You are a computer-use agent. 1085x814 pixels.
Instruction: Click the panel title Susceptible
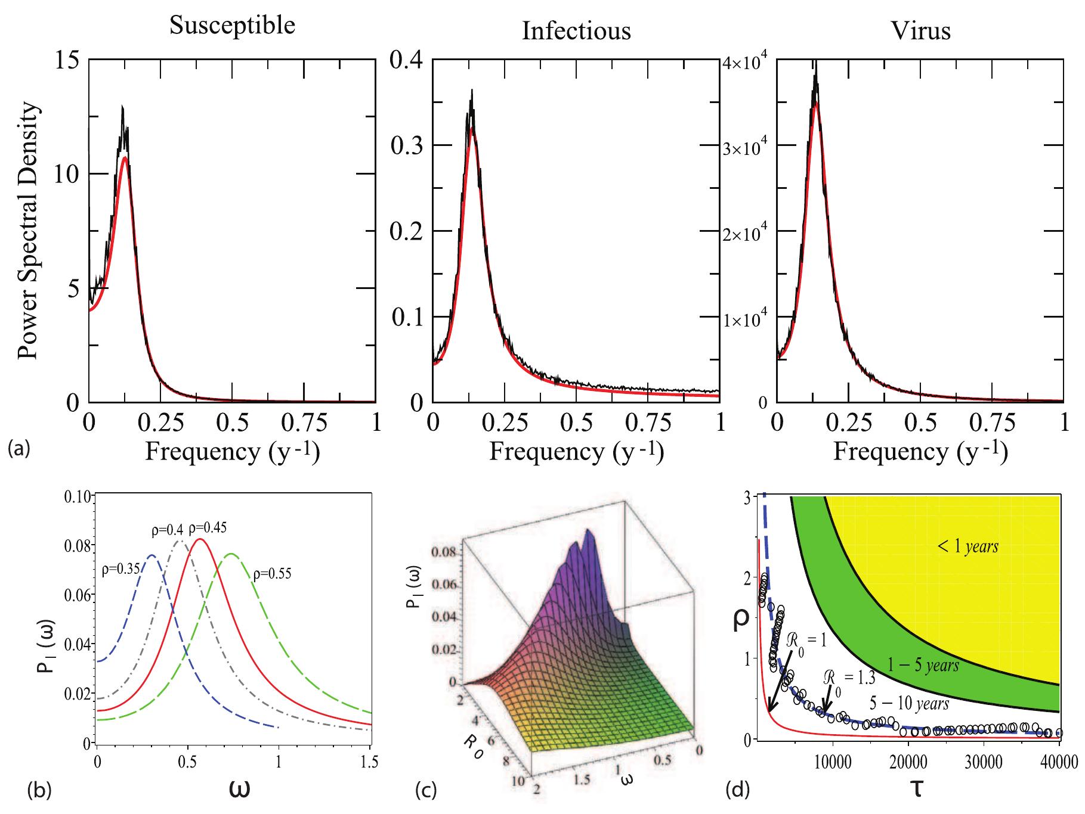point(233,26)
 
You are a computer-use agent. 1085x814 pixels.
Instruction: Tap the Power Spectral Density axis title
point(28,230)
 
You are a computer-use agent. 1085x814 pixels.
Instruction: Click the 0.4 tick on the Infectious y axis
point(407,60)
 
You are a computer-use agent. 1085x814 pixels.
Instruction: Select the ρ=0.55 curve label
point(275,575)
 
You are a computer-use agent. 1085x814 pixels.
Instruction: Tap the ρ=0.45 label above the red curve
point(207,528)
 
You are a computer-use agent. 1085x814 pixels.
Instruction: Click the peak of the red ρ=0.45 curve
point(200,539)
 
